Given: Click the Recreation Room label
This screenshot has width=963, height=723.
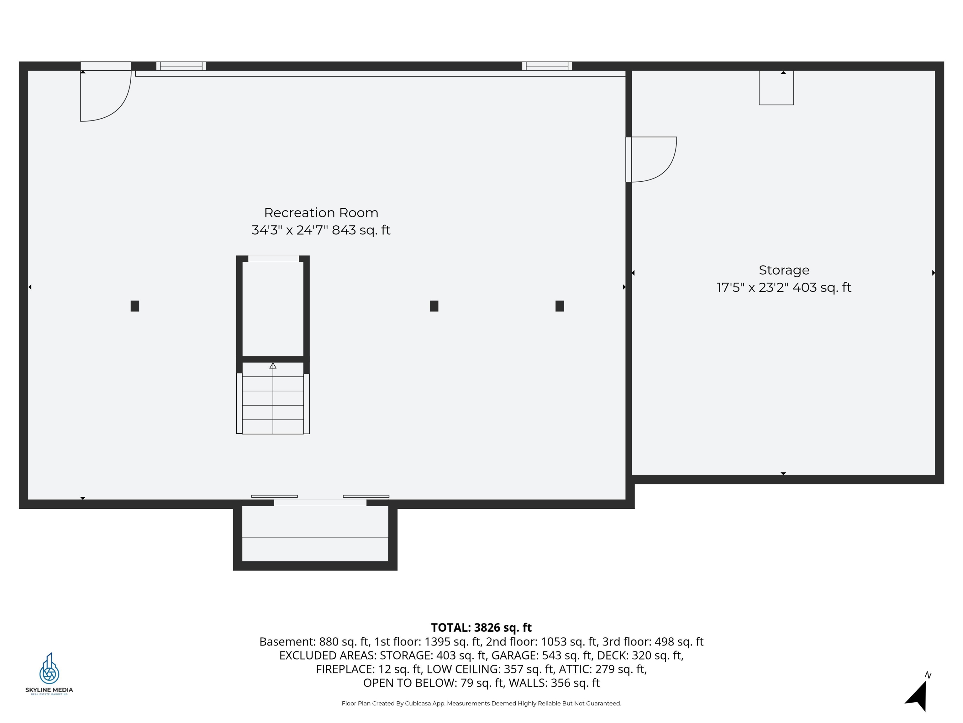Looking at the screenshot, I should (x=321, y=213).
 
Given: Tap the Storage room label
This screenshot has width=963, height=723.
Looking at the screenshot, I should (x=784, y=270).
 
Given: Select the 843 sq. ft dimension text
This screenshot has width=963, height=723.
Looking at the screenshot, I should (x=361, y=230).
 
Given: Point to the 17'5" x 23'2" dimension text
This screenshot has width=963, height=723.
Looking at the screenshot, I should (x=752, y=288).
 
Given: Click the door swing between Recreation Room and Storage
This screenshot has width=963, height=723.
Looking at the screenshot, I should (x=652, y=159).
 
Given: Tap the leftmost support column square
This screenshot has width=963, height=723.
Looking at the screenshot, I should (x=135, y=306).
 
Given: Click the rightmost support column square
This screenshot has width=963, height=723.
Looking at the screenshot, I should (x=560, y=306).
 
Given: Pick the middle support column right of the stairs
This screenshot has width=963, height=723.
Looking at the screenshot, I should (x=434, y=306).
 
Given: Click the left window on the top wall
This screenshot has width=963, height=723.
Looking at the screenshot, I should (x=181, y=66).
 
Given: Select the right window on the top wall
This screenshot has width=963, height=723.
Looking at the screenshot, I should (x=547, y=66).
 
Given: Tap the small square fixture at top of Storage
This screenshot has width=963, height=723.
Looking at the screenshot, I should (x=776, y=88).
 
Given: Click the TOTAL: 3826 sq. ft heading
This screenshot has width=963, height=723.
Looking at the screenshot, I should (x=481, y=628).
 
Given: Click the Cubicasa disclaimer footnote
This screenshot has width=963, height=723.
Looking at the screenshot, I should (x=481, y=704).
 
